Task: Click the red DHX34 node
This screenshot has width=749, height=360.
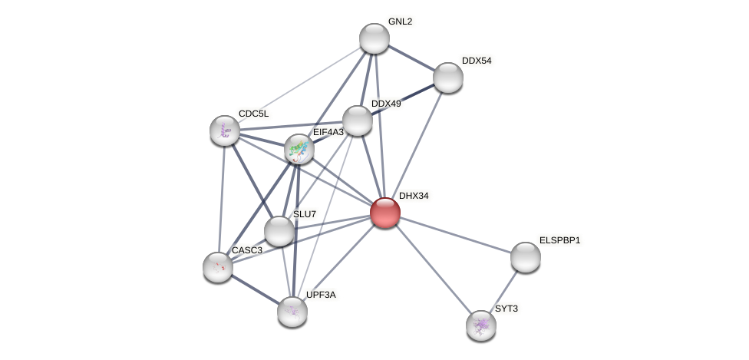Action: click(x=384, y=213)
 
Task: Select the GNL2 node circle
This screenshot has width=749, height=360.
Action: click(x=374, y=38)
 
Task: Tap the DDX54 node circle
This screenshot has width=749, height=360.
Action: click(x=448, y=78)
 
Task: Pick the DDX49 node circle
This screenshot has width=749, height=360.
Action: click(x=357, y=121)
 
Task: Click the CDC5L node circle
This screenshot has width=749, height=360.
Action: click(x=225, y=130)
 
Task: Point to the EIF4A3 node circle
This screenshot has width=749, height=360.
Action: click(x=299, y=149)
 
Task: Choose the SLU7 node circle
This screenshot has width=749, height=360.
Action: click(x=279, y=230)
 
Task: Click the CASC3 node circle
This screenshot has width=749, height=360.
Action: click(x=218, y=267)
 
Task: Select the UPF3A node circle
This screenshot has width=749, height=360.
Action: click(x=292, y=311)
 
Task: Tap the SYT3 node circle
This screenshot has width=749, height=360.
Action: click(x=481, y=325)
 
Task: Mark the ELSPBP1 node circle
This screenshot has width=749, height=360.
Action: click(x=526, y=257)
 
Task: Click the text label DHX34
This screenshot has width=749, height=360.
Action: click(x=414, y=197)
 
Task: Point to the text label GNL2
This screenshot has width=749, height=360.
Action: click(x=400, y=22)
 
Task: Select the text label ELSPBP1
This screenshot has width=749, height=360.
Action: click(x=559, y=241)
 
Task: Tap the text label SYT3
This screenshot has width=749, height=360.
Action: click(x=506, y=309)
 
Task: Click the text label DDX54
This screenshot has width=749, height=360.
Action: click(x=477, y=61)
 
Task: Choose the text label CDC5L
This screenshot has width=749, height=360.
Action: click(x=253, y=114)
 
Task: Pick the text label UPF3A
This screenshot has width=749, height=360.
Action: click(x=320, y=295)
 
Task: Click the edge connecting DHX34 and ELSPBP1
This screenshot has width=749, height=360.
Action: click(x=455, y=235)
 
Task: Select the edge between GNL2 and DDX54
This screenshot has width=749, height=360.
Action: click(x=411, y=58)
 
